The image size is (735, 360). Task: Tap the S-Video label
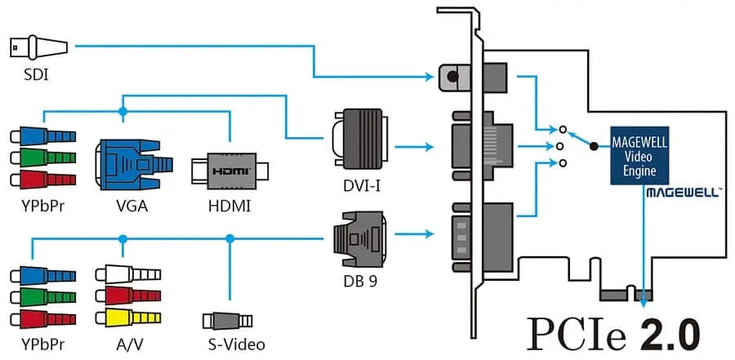coord(234,344)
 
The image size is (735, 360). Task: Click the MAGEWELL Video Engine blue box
coord(639,155)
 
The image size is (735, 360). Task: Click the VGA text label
coord(131,205)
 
